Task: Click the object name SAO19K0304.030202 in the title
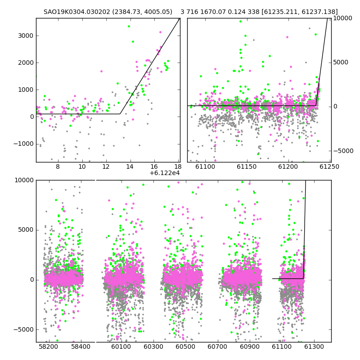(77, 12)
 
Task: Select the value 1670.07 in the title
(212, 12)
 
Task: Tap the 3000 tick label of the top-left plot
(26, 36)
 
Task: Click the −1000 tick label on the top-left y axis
(23, 144)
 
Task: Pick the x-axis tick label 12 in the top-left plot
(106, 166)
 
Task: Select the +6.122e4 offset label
(165, 173)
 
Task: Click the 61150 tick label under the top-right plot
(247, 166)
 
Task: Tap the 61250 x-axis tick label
(329, 166)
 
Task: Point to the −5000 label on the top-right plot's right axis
(343, 151)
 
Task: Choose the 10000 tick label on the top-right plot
(342, 18)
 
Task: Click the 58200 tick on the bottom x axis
(49, 346)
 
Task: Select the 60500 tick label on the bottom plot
(185, 346)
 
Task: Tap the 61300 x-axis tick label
(314, 346)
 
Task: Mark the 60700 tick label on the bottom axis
(217, 346)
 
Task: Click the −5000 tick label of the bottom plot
(23, 330)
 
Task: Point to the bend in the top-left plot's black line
(120, 114)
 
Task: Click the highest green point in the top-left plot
(129, 27)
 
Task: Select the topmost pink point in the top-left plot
(160, 32)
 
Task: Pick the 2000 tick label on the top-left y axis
(26, 63)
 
